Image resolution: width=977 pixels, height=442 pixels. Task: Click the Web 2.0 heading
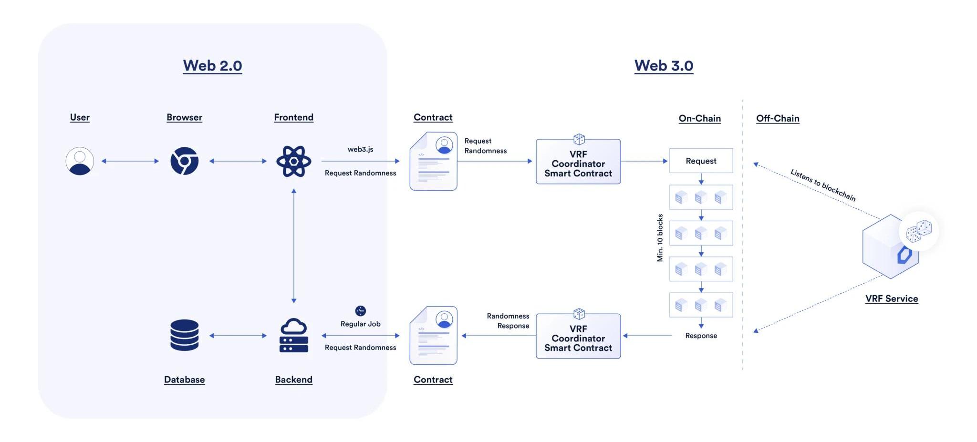(212, 65)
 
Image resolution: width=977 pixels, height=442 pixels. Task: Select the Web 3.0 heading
(664, 65)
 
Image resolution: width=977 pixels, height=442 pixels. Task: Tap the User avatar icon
(80, 161)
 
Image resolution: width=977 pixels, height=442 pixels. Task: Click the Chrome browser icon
(185, 161)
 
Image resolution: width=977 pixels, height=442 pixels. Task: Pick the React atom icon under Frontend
(294, 161)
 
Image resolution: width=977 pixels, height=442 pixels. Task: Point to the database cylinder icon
(185, 335)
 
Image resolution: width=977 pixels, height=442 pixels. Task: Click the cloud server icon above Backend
(294, 335)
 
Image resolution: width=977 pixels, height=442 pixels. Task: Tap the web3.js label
(361, 149)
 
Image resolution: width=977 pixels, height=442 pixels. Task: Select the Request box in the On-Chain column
(701, 161)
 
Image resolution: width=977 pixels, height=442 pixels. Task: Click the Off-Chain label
(778, 118)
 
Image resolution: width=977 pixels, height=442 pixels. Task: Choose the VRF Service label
(892, 298)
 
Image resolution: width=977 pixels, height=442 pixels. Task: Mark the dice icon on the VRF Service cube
(919, 231)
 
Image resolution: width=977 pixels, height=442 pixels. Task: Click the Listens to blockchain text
(823, 185)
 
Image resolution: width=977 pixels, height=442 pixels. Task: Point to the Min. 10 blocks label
(660, 237)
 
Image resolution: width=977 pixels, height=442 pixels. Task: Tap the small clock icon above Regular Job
(361, 311)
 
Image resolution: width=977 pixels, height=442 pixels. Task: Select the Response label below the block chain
(701, 336)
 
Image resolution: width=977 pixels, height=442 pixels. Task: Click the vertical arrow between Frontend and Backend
(294, 246)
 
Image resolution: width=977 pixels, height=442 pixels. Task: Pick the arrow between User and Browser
(130, 161)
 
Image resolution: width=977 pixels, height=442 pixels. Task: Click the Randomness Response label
(508, 321)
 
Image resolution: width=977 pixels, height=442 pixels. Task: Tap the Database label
(185, 380)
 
